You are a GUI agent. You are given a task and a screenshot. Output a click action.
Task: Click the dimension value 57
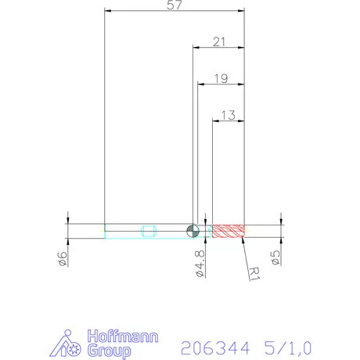[175, 6]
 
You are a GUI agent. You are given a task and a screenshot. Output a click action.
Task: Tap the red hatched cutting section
[229, 230]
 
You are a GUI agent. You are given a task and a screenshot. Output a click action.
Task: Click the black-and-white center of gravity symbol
[191, 230]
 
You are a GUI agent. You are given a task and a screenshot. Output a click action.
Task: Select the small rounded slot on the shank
[149, 230]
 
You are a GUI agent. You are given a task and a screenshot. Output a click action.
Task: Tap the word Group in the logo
[109, 351]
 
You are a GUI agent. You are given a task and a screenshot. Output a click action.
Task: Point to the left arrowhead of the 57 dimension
[108, 12]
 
